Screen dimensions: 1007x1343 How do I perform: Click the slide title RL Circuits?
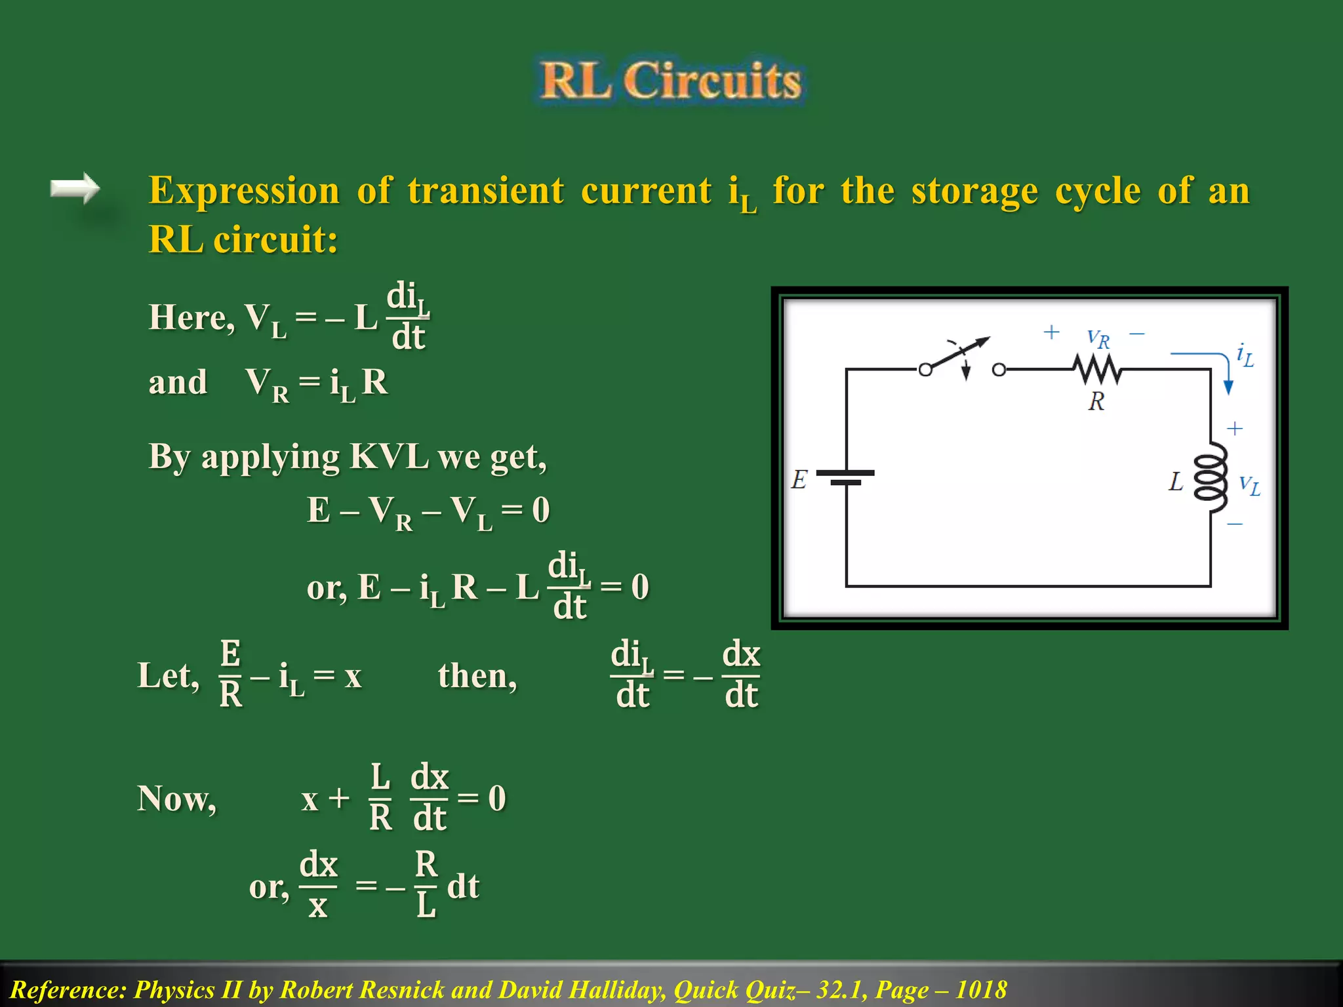coord(670,81)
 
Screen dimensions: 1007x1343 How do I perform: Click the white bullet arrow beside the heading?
coord(75,189)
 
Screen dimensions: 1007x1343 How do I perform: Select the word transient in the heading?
coord(485,191)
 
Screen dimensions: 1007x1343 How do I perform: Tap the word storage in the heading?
coord(974,191)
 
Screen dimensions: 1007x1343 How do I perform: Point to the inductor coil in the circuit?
coord(1211,477)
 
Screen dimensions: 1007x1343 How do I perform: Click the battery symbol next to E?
coord(846,477)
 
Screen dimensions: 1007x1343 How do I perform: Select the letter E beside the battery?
coord(799,479)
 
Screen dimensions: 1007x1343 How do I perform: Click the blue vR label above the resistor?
coord(1098,338)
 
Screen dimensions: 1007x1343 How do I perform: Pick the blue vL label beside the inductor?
coord(1249,485)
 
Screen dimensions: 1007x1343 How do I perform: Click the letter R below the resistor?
coord(1096,401)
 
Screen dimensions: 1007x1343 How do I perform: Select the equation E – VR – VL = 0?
coord(428,511)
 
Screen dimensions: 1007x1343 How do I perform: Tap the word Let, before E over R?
coord(168,675)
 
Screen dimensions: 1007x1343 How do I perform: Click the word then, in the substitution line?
coord(477,675)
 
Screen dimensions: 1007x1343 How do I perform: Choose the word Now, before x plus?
coord(176,799)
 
